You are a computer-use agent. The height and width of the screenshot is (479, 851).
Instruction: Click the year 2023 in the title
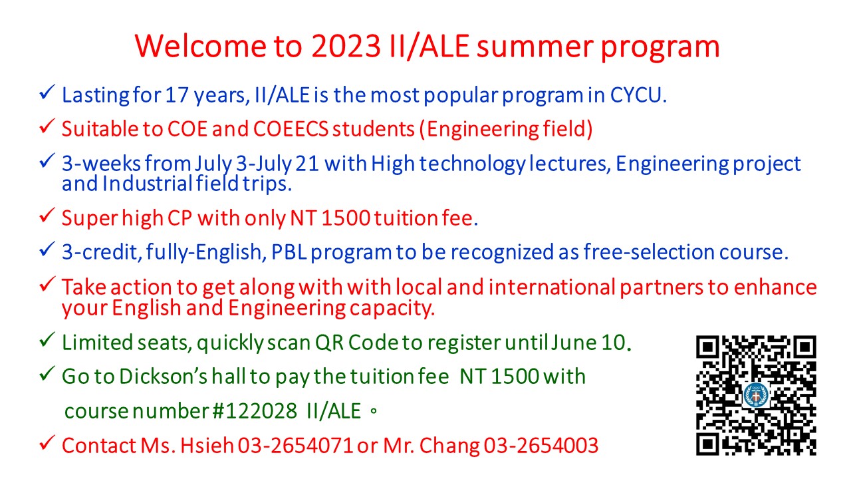tap(346, 47)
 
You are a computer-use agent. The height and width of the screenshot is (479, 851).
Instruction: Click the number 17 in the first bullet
tap(177, 95)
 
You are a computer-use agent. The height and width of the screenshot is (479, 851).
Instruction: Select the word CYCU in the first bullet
tap(636, 95)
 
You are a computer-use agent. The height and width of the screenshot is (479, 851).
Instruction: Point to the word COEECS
tap(291, 129)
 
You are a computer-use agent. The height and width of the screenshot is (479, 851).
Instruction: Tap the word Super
tap(90, 219)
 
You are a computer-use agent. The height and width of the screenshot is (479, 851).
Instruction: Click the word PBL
tap(289, 252)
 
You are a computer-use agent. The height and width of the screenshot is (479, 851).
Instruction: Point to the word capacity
tap(392, 308)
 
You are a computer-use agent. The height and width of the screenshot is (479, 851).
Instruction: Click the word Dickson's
tap(164, 377)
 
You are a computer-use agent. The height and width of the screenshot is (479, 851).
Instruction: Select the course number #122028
tap(255, 411)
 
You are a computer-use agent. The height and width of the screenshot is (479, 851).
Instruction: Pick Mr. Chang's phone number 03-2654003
tap(541, 446)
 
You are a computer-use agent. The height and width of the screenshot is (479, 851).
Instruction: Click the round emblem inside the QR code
tap(756, 395)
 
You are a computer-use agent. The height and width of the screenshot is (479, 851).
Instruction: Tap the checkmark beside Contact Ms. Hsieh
tap(47, 442)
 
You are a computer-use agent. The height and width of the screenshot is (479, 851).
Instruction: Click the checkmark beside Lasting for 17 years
tap(47, 92)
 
